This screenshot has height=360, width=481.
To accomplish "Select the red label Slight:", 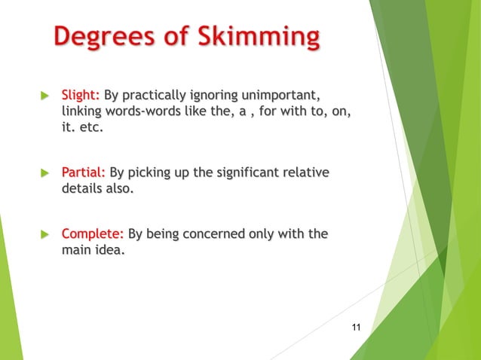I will [x=80, y=96].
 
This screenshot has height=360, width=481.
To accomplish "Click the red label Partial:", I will [x=83, y=173].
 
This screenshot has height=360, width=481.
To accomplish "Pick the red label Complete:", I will [x=93, y=234].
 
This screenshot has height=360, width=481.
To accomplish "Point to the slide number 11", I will [x=357, y=326].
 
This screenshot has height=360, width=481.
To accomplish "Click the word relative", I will [x=304, y=173].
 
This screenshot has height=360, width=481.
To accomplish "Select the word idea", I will [x=106, y=250].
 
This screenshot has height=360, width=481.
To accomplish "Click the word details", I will [x=81, y=189].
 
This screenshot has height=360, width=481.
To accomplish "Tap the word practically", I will [x=155, y=96].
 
